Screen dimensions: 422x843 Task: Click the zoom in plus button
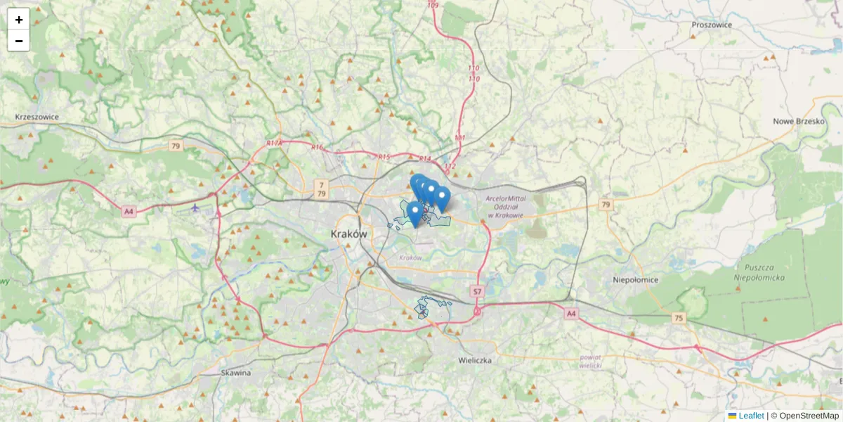point(19,19)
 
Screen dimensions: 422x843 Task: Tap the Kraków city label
point(348,234)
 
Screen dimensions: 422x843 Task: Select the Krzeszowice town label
point(37,117)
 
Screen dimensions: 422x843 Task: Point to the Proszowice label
point(711,25)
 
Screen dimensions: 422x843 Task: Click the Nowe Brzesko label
point(798,121)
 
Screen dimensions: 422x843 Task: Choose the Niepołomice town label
point(635,279)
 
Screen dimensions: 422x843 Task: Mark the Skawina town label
point(235,373)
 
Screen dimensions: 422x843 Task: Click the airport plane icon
point(195,207)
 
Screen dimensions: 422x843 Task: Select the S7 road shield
point(477,291)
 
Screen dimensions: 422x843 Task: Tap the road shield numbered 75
point(678,318)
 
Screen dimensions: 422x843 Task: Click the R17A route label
point(274,143)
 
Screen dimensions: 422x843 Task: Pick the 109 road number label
point(432,6)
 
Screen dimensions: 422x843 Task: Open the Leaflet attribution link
point(750,416)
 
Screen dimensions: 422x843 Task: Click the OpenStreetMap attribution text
point(809,416)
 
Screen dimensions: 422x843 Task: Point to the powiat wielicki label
point(591,362)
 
